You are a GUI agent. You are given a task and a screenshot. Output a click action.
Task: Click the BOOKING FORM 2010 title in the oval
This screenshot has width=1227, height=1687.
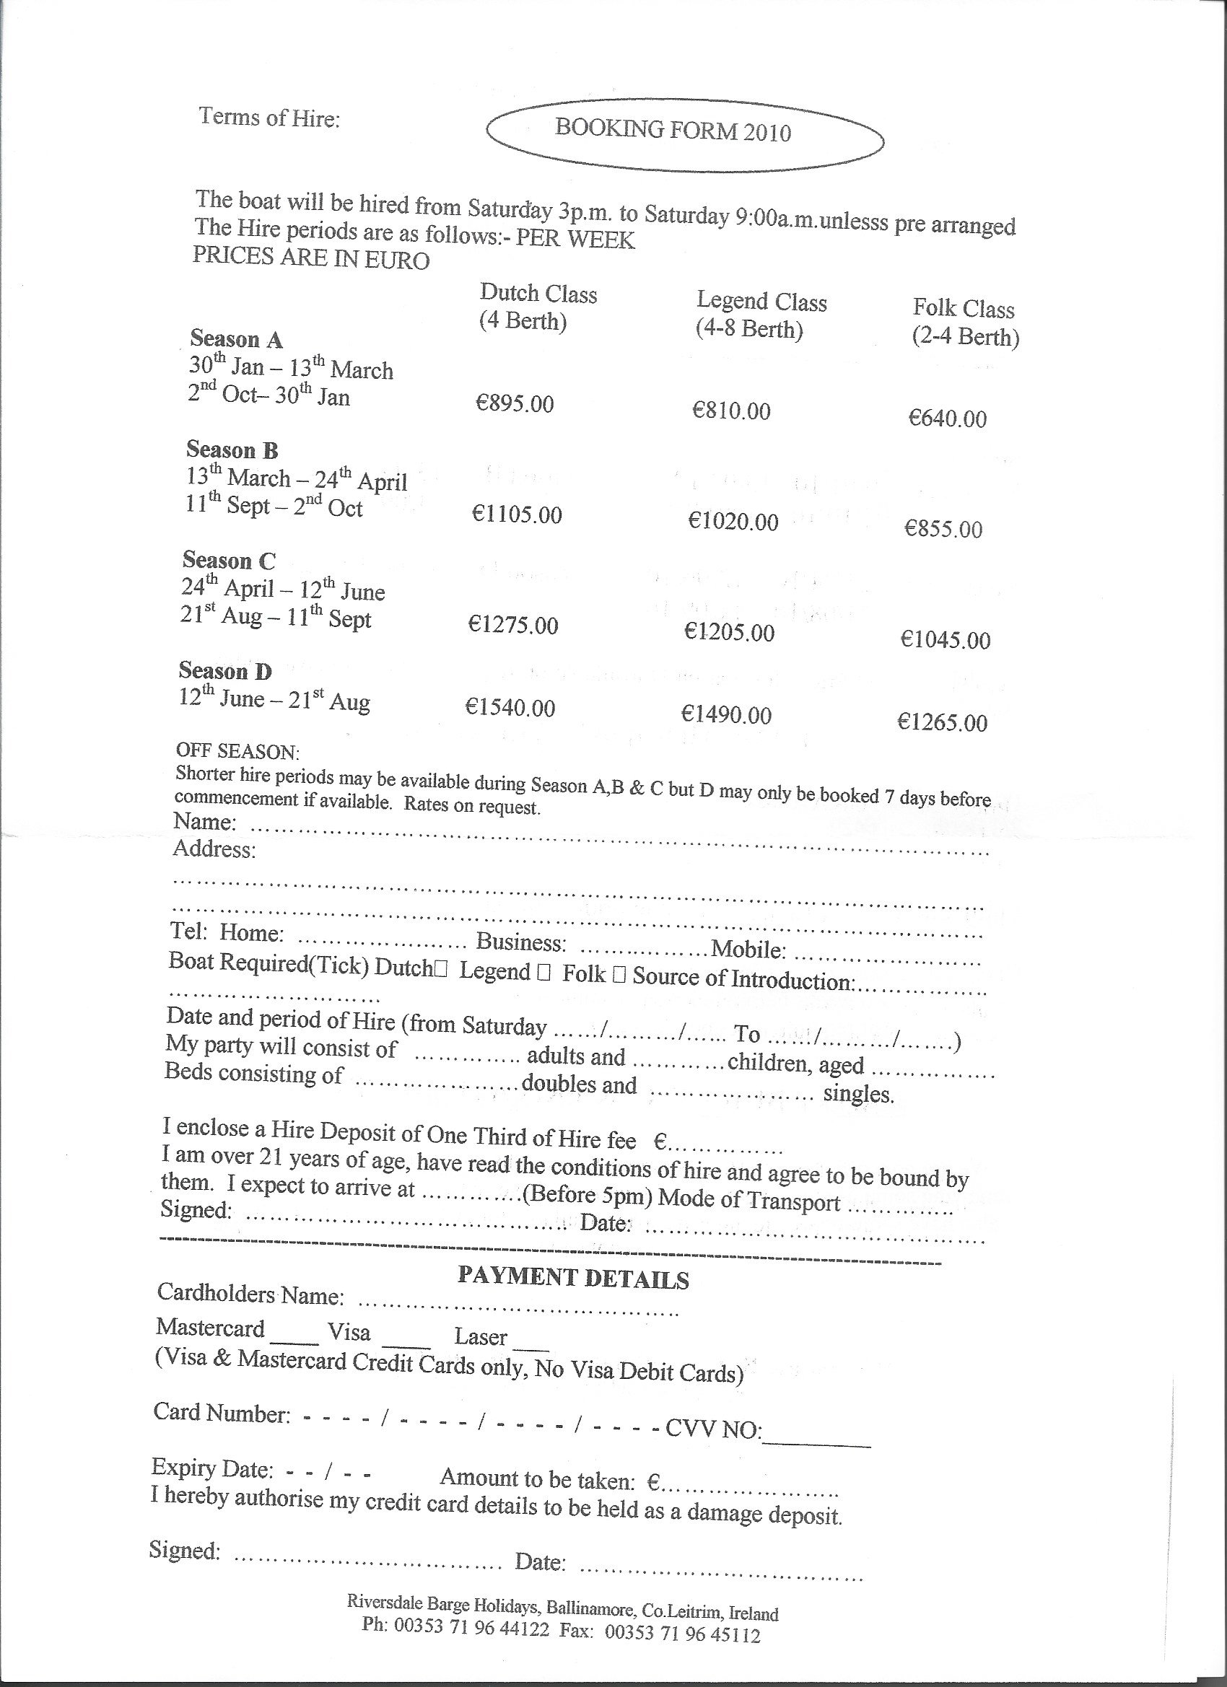673,131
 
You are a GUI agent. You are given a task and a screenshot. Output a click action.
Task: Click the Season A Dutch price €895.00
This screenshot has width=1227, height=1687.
515,404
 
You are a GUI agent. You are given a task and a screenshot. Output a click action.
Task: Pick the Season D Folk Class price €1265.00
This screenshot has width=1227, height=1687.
942,722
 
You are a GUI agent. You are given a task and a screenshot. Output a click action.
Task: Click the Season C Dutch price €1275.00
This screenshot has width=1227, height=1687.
512,625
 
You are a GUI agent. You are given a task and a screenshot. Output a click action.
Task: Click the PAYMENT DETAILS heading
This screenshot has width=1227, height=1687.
573,1279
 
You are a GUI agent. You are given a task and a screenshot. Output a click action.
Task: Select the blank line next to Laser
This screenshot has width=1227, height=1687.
531,1346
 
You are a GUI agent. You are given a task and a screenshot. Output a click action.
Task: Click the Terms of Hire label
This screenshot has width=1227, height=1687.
268,118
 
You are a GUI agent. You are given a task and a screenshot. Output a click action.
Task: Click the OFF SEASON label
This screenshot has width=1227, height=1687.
237,750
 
